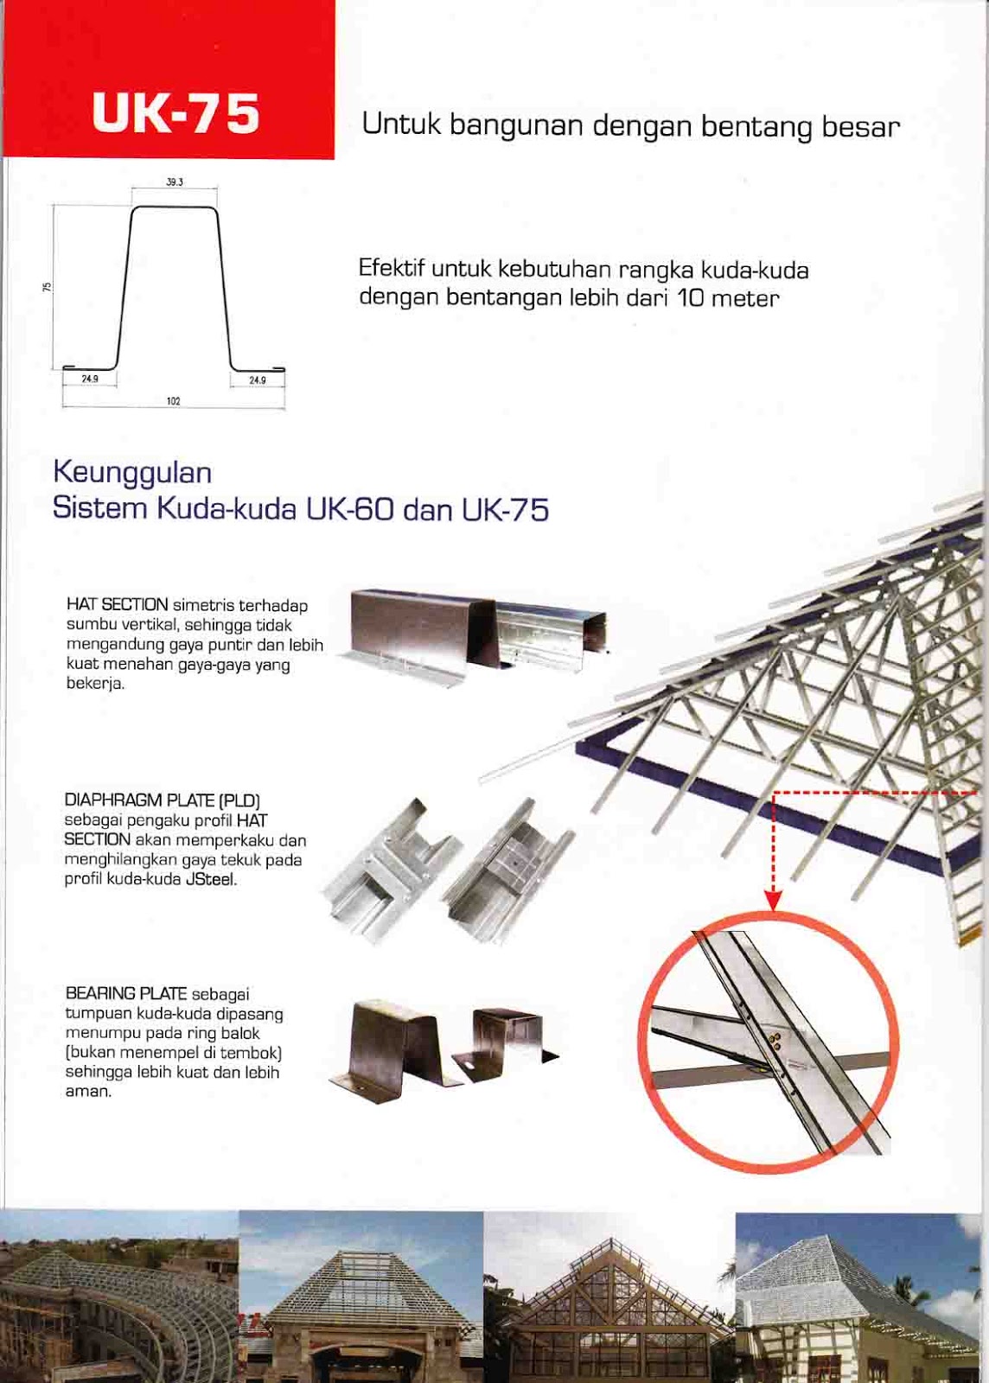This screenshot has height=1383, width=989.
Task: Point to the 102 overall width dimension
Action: (174, 401)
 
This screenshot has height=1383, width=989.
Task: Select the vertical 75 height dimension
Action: (44, 286)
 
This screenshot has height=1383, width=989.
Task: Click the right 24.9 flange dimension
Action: (258, 380)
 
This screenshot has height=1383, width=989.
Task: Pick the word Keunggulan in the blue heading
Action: (133, 473)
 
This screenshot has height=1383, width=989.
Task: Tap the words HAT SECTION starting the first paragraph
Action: (118, 604)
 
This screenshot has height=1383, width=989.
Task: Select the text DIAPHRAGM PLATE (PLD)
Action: (163, 800)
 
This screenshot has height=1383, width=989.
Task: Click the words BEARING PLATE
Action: (126, 994)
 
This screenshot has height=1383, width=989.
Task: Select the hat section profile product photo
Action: (474, 636)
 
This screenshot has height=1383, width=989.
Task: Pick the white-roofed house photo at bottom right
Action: (858, 1297)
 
